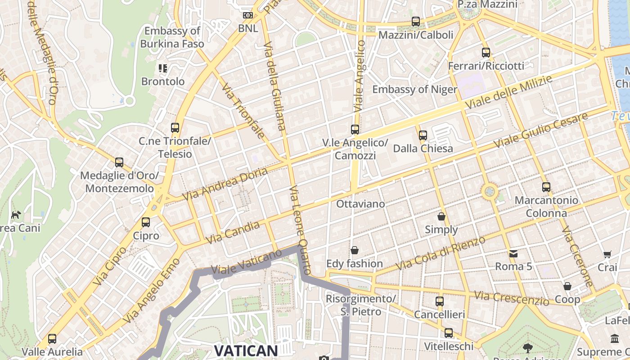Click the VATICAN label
(x=245, y=351)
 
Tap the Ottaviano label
(x=360, y=204)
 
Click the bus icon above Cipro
(x=146, y=222)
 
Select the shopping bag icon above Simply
(x=441, y=216)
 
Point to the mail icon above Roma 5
(x=513, y=254)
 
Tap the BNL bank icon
(x=248, y=15)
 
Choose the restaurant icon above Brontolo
(x=163, y=68)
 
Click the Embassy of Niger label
(x=414, y=89)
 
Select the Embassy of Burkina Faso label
(x=172, y=37)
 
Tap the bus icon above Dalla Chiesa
(x=423, y=135)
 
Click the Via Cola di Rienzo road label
(x=441, y=253)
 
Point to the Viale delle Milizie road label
(x=508, y=92)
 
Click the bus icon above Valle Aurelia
(x=52, y=338)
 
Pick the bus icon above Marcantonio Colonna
(x=546, y=187)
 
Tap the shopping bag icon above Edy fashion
(x=355, y=250)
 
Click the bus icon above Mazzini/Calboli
(x=416, y=21)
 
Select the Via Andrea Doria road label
(x=225, y=184)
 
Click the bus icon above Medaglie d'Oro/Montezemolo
(x=119, y=162)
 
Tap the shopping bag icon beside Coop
(x=567, y=286)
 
